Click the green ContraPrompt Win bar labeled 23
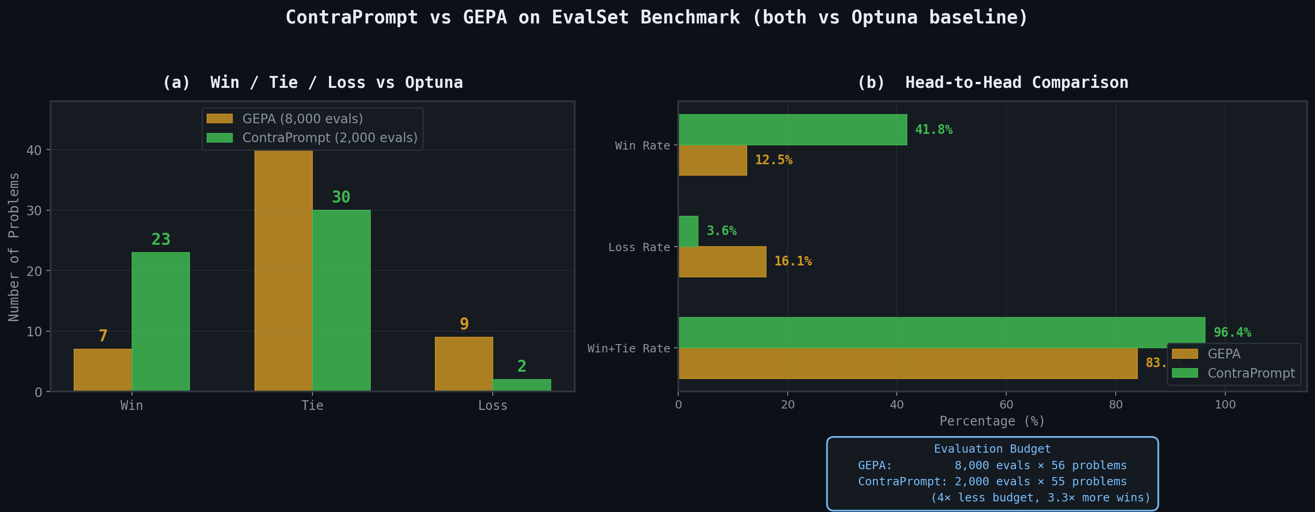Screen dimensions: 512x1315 point(160,322)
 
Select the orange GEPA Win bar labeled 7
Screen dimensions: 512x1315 point(103,370)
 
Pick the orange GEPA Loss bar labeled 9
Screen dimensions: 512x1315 point(463,363)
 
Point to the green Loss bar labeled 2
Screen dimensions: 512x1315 point(521,385)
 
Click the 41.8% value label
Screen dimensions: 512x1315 point(933,130)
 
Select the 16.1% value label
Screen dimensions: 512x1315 point(792,261)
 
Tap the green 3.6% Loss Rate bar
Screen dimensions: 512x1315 point(688,231)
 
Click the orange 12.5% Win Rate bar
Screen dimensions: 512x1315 point(713,160)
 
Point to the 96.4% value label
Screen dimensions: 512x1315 point(1232,332)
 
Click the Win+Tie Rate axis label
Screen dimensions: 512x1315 point(629,349)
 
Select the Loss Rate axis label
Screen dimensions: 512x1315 point(639,247)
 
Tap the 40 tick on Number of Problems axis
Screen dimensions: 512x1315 point(34,150)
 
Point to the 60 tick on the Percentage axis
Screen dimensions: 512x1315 point(1006,405)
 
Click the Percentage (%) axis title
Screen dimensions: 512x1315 point(992,421)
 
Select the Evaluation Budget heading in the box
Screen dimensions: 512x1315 point(992,449)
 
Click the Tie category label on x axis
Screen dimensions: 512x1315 point(312,406)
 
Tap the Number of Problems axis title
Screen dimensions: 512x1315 point(14,247)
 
